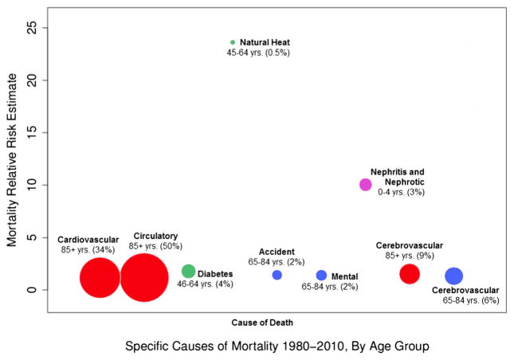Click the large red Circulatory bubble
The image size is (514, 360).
[x=144, y=277]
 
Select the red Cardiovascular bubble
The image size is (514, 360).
[x=100, y=278]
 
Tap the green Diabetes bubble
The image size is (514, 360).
[x=189, y=272]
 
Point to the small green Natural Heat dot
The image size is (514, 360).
[x=233, y=42]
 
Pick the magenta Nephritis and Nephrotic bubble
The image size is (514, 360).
[x=366, y=185]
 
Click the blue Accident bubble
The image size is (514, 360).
[x=277, y=275]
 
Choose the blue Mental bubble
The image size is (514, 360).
[x=322, y=275]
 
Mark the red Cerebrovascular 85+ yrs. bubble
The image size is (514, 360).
[x=410, y=274]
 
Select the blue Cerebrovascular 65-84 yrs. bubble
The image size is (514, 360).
[x=454, y=276]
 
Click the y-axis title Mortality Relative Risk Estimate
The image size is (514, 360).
[x=12, y=160]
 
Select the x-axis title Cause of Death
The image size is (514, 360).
[x=262, y=323]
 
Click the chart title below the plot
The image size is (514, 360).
[x=277, y=346]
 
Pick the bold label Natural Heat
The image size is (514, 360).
[x=265, y=42]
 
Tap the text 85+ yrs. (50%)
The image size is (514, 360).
[x=155, y=246]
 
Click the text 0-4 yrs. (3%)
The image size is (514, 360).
[x=401, y=192]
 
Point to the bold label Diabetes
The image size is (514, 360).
[x=215, y=274]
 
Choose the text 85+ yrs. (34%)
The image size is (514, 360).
[x=88, y=250]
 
